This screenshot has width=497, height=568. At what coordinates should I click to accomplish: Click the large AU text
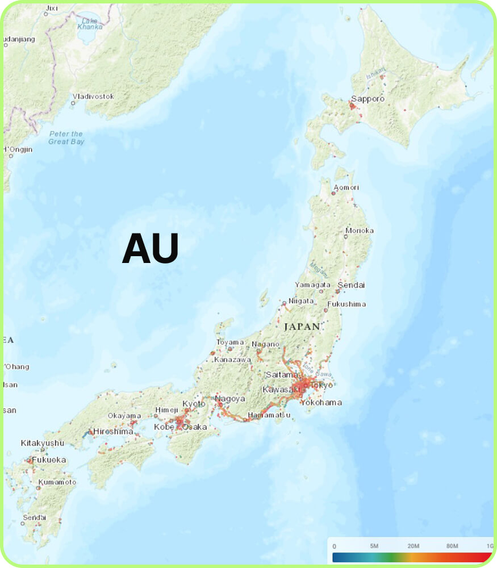(x=151, y=248)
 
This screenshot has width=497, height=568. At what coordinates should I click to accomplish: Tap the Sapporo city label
(x=367, y=99)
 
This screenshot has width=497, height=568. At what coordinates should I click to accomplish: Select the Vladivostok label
(x=94, y=97)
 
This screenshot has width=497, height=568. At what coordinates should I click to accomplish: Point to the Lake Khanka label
(x=89, y=23)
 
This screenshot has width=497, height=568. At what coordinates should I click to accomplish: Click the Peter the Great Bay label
(x=66, y=137)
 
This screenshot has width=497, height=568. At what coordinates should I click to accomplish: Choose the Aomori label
(x=346, y=187)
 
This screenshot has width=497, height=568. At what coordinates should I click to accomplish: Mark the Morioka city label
(x=359, y=231)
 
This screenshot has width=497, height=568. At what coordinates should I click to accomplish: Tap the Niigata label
(x=301, y=300)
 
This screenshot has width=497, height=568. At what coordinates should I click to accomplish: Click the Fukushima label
(x=346, y=304)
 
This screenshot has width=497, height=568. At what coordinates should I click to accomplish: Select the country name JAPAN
(x=302, y=327)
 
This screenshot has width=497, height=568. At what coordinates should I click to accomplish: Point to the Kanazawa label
(x=232, y=360)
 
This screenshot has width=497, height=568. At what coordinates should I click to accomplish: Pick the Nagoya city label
(x=230, y=399)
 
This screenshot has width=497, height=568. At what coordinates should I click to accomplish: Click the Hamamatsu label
(x=269, y=415)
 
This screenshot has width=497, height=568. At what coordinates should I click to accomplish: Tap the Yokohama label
(x=321, y=403)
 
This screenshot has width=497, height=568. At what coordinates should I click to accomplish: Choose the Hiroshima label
(x=113, y=431)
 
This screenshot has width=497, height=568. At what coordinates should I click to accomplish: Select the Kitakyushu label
(x=43, y=442)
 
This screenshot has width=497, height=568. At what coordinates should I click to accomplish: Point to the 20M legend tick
(x=413, y=546)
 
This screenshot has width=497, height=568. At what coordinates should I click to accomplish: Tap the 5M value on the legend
(x=374, y=546)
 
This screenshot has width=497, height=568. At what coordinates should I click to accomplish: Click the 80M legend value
(x=452, y=546)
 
